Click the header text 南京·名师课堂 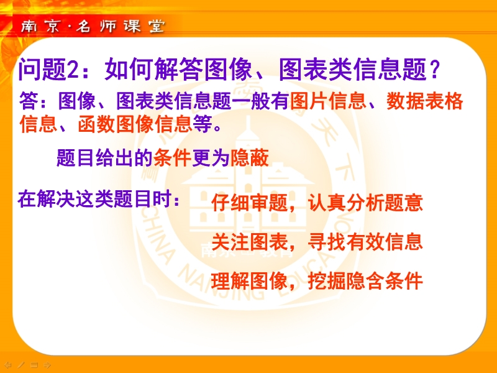93,26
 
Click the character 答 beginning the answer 29,101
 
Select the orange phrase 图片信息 328,101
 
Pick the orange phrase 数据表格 425,101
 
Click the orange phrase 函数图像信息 135,124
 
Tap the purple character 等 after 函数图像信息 203,124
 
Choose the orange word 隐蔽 250,158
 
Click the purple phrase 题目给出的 105,158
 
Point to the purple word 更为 211,158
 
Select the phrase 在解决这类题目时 95,199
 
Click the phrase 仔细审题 249,203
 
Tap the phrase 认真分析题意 365,203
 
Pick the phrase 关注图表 249,242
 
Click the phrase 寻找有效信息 365,242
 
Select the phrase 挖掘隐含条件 365,281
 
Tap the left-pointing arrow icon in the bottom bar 8,365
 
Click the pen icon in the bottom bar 21,365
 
